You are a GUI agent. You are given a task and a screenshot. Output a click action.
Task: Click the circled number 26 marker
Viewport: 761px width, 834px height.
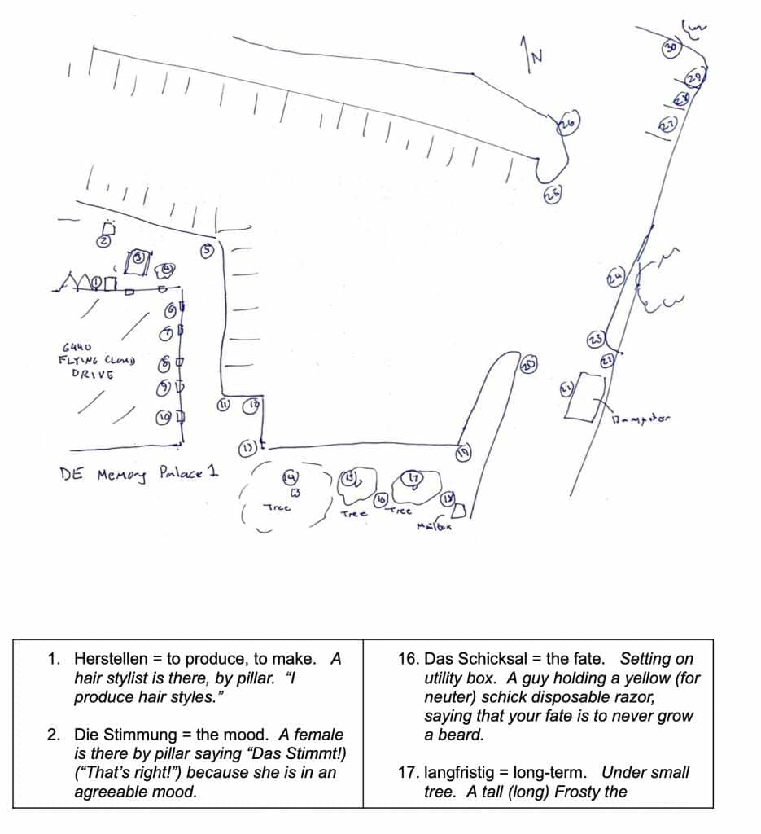pos(567,124)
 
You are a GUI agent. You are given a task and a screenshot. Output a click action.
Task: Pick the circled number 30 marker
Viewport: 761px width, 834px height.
pos(671,48)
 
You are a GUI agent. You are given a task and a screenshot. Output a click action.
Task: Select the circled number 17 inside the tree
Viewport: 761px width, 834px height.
pos(413,478)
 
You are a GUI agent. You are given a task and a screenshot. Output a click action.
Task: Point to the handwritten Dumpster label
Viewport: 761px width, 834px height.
pos(643,419)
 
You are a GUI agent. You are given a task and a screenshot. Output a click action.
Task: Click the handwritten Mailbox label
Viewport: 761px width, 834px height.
pos(434,525)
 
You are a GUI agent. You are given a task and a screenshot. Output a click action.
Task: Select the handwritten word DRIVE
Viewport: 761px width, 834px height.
pos(92,374)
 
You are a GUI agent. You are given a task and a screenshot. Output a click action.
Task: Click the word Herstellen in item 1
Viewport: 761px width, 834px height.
pos(107,657)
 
